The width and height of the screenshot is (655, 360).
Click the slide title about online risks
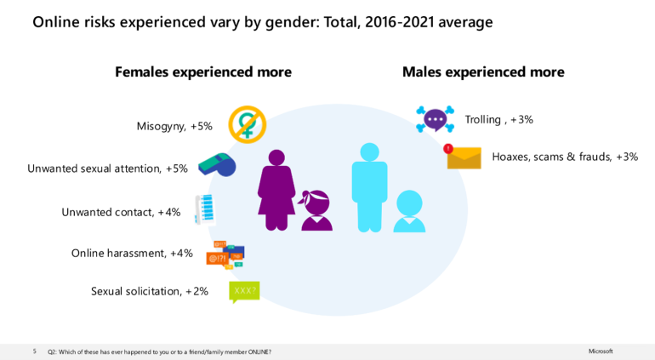[262, 22]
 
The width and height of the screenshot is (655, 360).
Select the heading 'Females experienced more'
[203, 72]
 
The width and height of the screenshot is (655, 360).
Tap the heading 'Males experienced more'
[482, 72]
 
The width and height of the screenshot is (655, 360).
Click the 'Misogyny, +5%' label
[174, 126]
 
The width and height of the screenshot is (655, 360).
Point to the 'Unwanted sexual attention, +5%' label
[107, 169]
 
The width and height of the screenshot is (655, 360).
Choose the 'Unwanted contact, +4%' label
[121, 212]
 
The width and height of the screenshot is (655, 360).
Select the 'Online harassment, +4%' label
[132, 253]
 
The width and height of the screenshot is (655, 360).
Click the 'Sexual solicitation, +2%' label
[150, 291]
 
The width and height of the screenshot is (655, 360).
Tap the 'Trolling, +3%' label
[498, 120]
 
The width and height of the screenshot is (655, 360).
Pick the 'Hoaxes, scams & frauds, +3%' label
[565, 157]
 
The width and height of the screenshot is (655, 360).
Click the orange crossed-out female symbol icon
[248, 124]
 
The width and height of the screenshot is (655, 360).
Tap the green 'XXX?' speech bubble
[244, 291]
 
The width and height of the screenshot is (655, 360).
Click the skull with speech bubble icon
[435, 119]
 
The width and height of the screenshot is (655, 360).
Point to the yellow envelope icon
[464, 157]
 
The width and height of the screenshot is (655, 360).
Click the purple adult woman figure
[276, 190]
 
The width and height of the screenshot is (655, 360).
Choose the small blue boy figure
[409, 210]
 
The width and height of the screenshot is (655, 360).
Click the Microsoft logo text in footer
[600, 351]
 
